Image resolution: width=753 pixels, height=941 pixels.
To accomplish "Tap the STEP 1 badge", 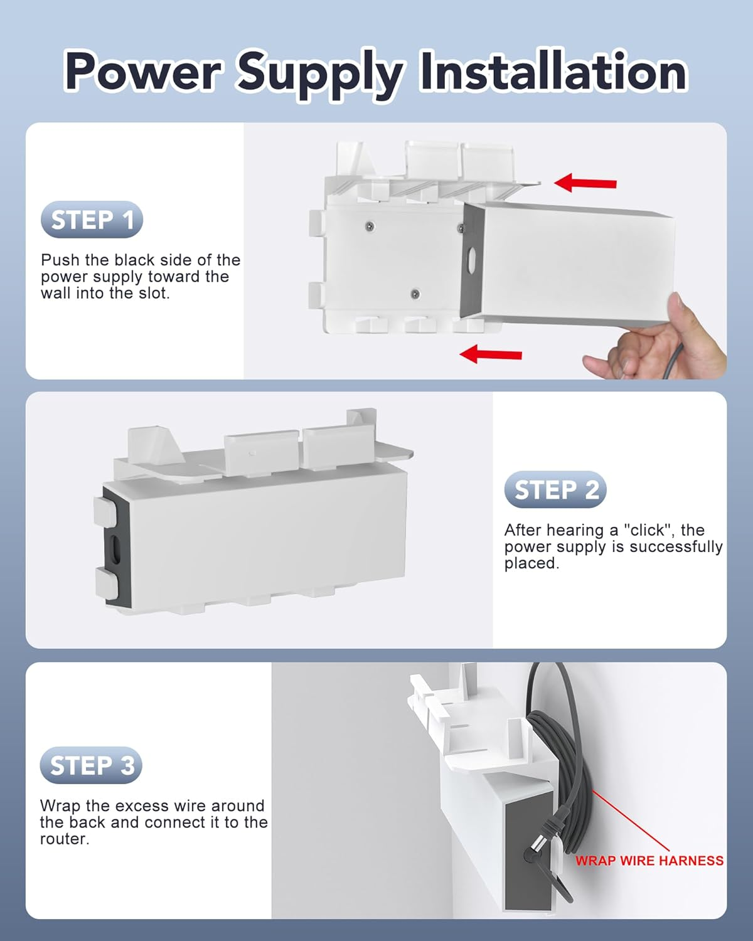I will point(92,220).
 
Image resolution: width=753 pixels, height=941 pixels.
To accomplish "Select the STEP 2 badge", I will point(555,490).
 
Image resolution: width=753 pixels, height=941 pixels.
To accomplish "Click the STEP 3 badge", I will point(92,766).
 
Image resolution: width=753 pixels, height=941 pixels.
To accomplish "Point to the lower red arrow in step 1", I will point(491,354).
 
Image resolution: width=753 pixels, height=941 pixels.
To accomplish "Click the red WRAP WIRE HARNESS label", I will point(649,861).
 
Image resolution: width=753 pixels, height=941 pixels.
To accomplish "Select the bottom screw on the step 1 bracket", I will point(415,294).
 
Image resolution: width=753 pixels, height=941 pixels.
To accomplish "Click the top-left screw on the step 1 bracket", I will point(371,223).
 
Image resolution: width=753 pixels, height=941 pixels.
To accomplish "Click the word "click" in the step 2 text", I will point(646,530).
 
